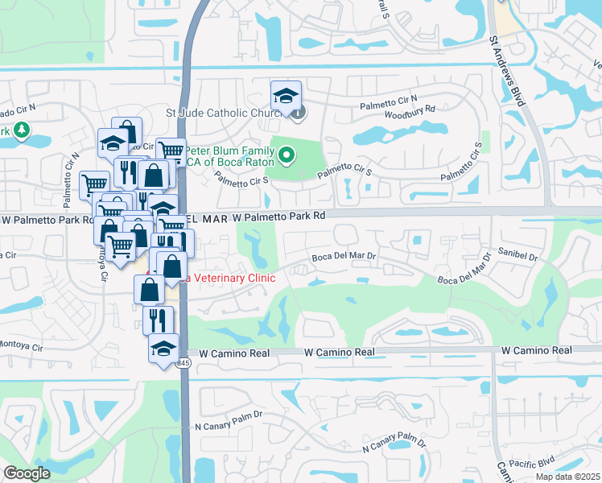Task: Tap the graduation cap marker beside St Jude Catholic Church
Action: (286, 97)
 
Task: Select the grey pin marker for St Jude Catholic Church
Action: (299, 113)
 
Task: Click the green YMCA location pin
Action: (287, 151)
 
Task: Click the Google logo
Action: (27, 473)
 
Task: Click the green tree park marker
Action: (21, 129)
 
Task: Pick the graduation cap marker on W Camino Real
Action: (163, 349)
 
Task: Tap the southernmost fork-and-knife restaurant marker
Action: (158, 320)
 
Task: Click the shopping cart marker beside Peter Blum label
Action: (171, 151)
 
